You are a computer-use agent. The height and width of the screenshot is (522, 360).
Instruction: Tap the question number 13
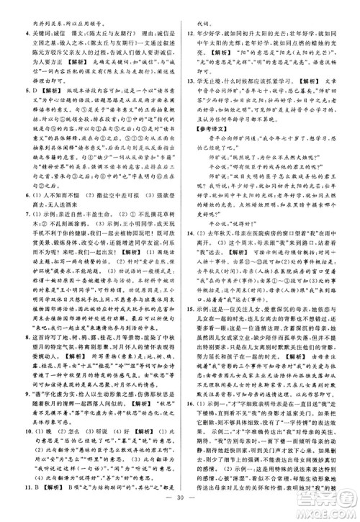pyautogui.click(x=189, y=82)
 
